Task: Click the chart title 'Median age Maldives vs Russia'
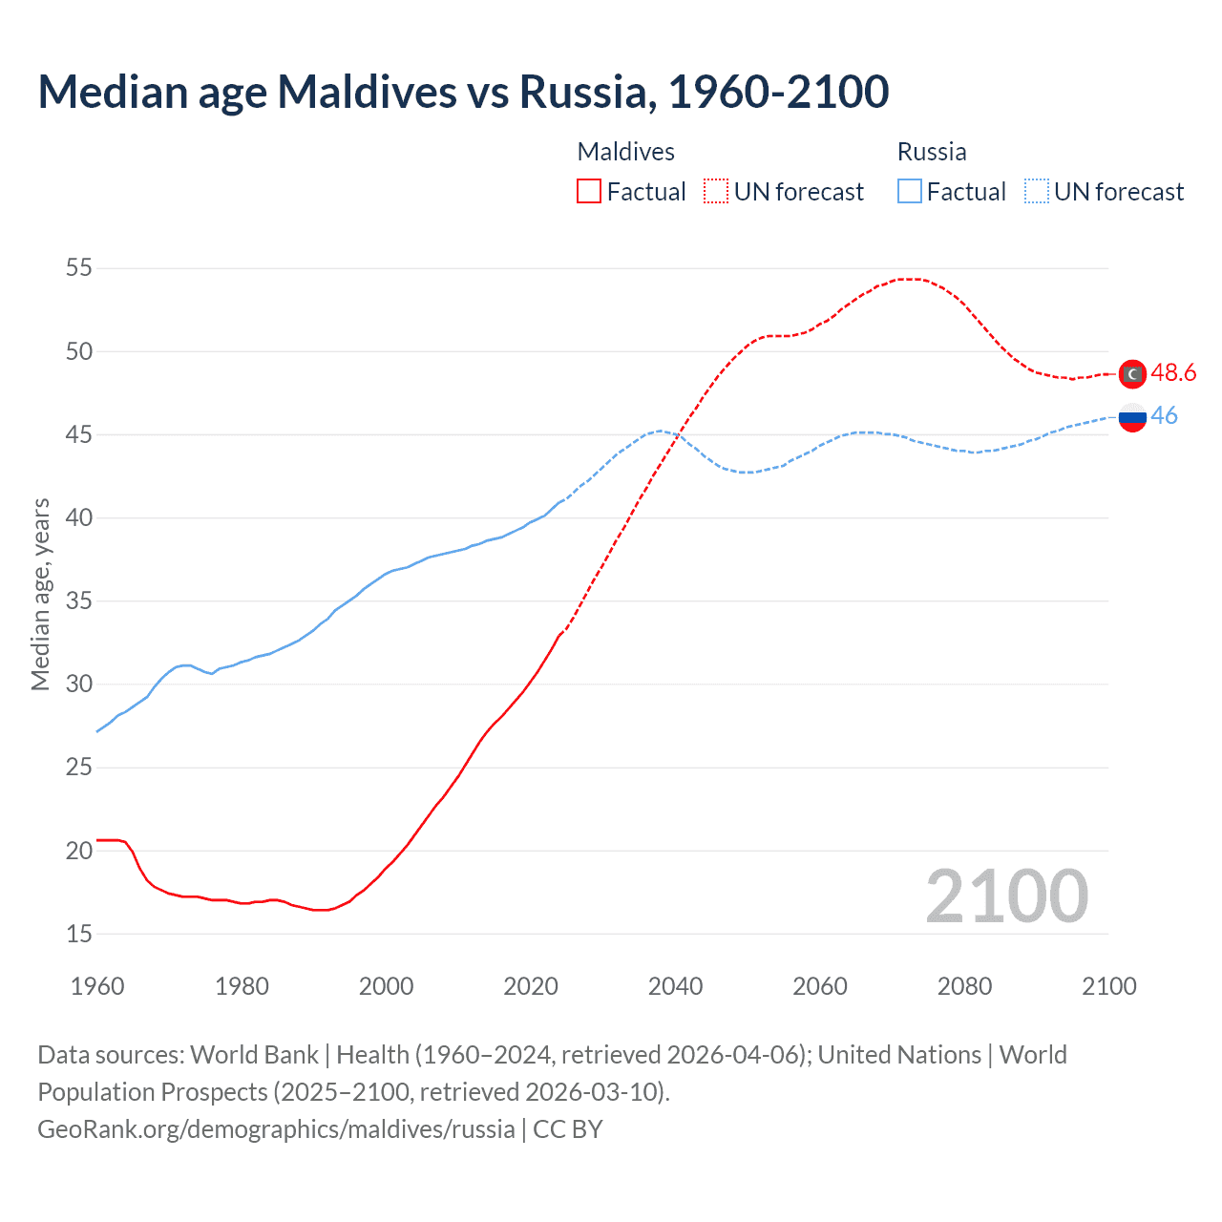pos(463,92)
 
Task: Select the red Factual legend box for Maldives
pos(589,192)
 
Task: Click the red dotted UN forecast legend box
pos(716,192)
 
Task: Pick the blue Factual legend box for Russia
pos(910,192)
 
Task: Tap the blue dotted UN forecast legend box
pos(1037,192)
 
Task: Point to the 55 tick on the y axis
pos(79,268)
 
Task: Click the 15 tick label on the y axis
pos(79,934)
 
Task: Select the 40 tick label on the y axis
pos(79,517)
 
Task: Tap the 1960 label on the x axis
pos(97,986)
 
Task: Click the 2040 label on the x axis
pos(675,986)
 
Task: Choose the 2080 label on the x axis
pos(964,986)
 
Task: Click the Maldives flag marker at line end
pos(1132,374)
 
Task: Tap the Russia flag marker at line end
pos(1132,417)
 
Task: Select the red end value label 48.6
pos(1173,373)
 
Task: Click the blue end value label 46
pos(1165,416)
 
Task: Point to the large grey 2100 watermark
pos(1006,896)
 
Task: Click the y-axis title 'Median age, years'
pos(40,594)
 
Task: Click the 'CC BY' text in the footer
pos(568,1129)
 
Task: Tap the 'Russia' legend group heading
pos(932,152)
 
